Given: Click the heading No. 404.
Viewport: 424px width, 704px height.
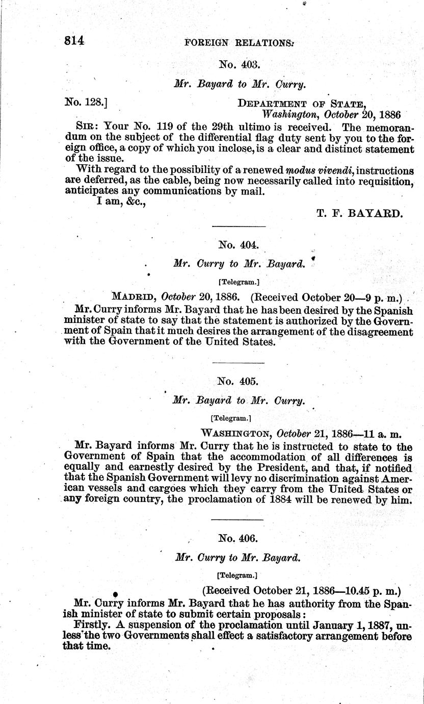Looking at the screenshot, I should pos(238,244).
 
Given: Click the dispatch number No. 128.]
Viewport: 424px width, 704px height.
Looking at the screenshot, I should pos(85,103).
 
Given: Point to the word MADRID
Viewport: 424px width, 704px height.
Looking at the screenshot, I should pos(134,296).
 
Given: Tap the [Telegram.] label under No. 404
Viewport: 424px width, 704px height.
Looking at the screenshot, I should pos(238,281).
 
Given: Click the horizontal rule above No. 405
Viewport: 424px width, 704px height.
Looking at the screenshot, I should pos(238,363).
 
